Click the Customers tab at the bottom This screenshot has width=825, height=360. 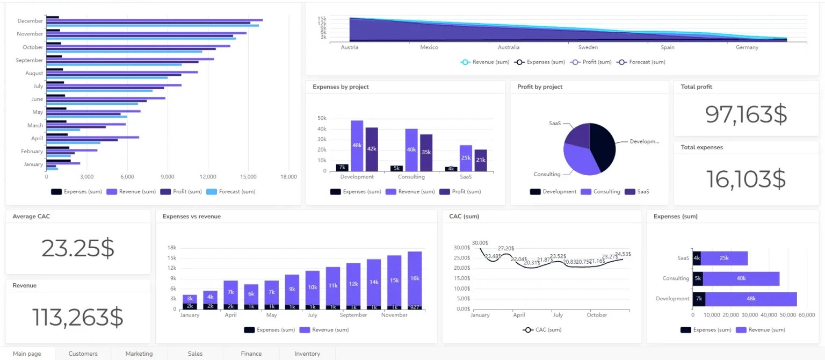tap(83, 354)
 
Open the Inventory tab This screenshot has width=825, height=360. tap(307, 354)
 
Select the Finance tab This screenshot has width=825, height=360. tap(251, 354)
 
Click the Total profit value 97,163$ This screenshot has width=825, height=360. tap(746, 114)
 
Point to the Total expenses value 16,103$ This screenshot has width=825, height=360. tap(746, 179)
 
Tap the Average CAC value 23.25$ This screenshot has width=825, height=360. tap(78, 248)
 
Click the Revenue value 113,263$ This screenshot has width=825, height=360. tap(78, 317)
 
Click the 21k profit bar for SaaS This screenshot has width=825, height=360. tap(480, 160)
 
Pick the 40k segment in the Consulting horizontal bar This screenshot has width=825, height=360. tap(741, 278)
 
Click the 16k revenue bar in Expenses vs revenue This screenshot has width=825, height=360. tap(414, 278)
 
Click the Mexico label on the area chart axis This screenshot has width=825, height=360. tap(429, 47)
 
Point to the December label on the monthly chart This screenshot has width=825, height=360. tap(30, 21)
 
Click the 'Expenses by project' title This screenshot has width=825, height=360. tap(341, 87)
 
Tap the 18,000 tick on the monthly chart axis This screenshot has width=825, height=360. tap(288, 176)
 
